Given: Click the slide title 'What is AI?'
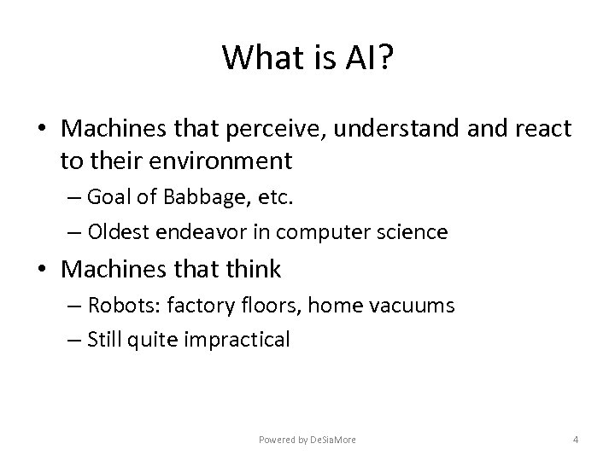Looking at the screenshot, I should [307, 58].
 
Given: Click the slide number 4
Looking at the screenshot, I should [576, 440].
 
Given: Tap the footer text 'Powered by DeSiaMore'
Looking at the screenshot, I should [307, 440].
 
